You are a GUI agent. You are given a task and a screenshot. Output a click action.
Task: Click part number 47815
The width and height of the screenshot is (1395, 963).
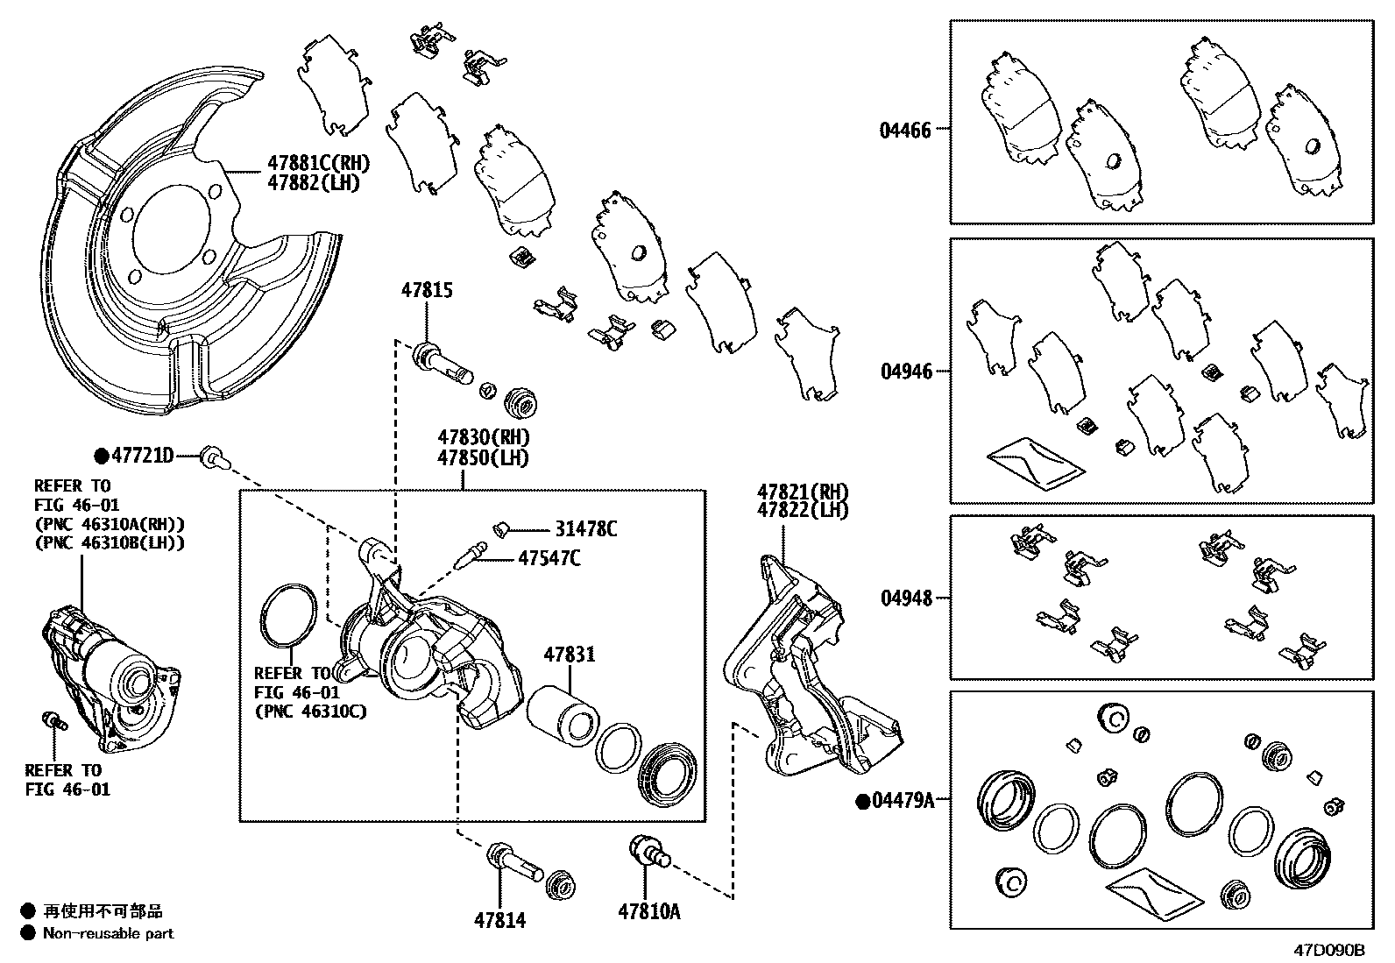point(427,290)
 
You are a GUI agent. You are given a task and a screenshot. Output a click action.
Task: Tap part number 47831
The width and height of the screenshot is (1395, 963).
point(569,655)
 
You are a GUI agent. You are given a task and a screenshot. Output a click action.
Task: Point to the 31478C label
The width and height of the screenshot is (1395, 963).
point(585,529)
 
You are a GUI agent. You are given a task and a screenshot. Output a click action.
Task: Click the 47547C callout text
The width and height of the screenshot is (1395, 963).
point(549,557)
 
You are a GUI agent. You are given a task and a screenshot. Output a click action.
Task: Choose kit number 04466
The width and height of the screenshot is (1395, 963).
point(905,131)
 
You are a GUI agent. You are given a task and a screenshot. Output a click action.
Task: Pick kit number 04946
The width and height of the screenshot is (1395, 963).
point(906,372)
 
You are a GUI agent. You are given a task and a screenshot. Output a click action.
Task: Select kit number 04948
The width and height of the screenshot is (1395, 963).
point(906,598)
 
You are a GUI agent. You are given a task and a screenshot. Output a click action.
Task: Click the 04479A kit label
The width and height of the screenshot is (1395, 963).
point(903,800)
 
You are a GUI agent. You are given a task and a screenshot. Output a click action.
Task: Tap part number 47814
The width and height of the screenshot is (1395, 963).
point(499,920)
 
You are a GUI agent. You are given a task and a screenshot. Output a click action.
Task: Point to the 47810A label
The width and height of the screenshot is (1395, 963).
point(648,912)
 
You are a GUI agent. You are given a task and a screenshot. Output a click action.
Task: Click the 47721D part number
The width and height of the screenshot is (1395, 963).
point(142,456)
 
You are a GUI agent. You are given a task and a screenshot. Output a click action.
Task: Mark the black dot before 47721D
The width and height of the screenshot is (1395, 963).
point(102,456)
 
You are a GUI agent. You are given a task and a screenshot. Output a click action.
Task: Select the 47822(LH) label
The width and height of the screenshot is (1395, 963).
point(803,510)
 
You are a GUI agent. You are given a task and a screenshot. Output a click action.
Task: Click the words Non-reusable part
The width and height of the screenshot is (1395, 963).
point(109,934)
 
